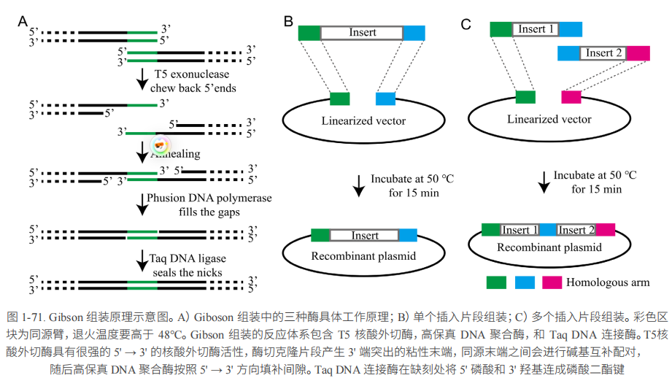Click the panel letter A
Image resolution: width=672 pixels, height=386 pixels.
[23, 21]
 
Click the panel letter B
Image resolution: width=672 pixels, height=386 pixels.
[289, 21]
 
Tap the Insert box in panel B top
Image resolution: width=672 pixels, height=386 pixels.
[362, 33]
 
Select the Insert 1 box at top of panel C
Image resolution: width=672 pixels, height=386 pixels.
[536, 29]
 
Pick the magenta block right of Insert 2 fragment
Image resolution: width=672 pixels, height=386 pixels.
[638, 53]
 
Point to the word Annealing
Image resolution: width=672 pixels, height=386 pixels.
[178, 155]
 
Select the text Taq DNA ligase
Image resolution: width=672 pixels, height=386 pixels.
[188, 258]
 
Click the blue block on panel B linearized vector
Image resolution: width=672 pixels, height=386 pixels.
[386, 99]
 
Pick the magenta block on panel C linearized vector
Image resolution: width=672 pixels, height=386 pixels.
[571, 97]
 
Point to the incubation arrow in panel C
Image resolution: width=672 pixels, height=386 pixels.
[544, 182]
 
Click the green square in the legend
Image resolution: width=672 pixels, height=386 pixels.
[497, 282]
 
